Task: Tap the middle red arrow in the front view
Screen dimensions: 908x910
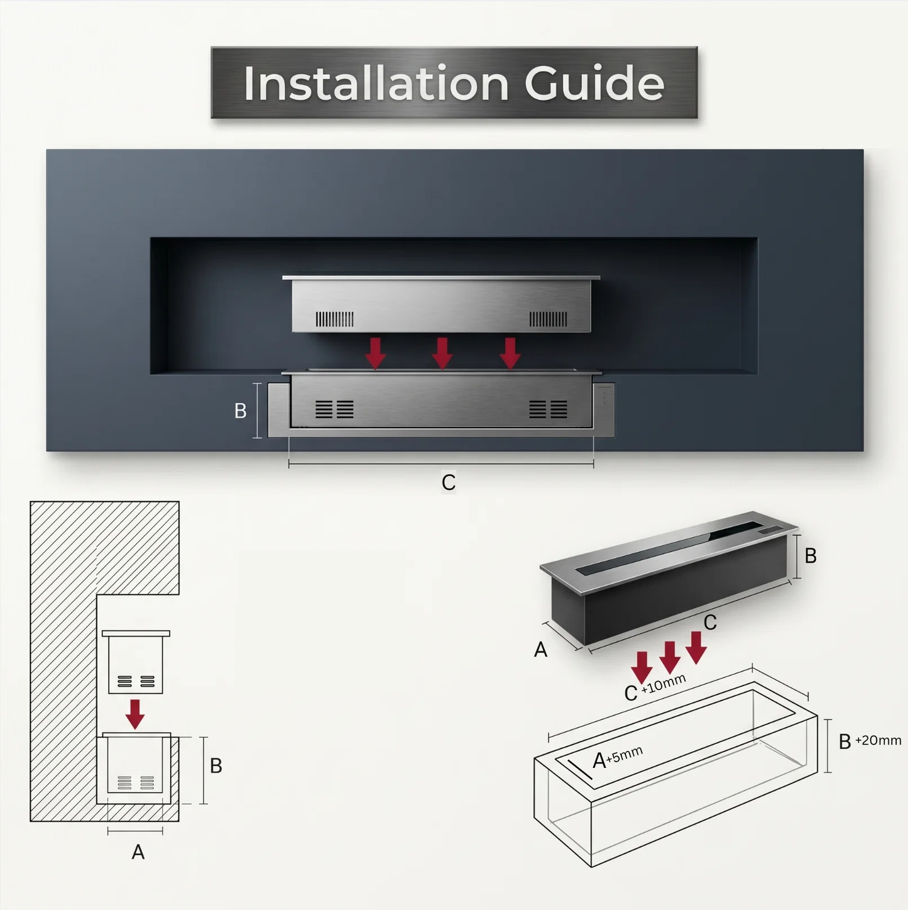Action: coord(442,353)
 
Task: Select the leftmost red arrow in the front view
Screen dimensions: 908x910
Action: coord(376,353)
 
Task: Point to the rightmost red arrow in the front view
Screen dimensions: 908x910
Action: coord(510,353)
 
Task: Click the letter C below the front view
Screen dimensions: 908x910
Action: coord(448,482)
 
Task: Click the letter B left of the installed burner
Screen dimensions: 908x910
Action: coord(240,411)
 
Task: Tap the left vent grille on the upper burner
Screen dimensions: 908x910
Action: coord(334,319)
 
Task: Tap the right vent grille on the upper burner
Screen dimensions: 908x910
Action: coord(549,319)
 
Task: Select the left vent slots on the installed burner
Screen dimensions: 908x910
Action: coord(334,409)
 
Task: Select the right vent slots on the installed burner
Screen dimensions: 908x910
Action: coord(549,409)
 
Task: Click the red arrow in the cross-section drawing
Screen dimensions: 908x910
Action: coord(135,714)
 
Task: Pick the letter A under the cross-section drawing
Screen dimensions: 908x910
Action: coord(138,852)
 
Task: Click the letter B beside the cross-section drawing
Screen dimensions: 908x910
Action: coord(216,765)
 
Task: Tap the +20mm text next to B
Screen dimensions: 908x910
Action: coord(878,740)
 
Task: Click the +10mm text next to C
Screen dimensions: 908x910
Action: coord(664,684)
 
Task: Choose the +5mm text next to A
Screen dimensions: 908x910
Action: coord(625,754)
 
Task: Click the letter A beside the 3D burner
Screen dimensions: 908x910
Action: coord(540,649)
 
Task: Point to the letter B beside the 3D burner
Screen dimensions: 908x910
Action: coord(811,556)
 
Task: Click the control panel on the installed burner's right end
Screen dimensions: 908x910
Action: coord(604,410)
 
